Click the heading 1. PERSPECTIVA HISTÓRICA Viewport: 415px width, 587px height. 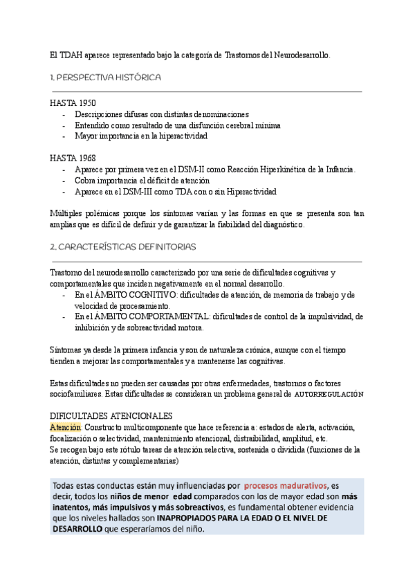pyautogui.click(x=105, y=78)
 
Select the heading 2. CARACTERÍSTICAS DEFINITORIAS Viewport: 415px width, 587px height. pyautogui.click(x=123, y=246)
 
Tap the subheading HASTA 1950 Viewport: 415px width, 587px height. pyautogui.click(x=73, y=102)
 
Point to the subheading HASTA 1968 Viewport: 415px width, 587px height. pyautogui.click(x=73, y=158)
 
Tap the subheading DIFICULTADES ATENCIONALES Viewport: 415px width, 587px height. pyautogui.click(x=111, y=416)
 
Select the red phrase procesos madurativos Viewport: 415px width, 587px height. pyautogui.click(x=284, y=485)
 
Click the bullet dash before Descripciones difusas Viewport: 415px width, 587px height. pyautogui.click(x=64, y=114)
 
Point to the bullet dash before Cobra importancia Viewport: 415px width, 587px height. pyautogui.click(x=64, y=180)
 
